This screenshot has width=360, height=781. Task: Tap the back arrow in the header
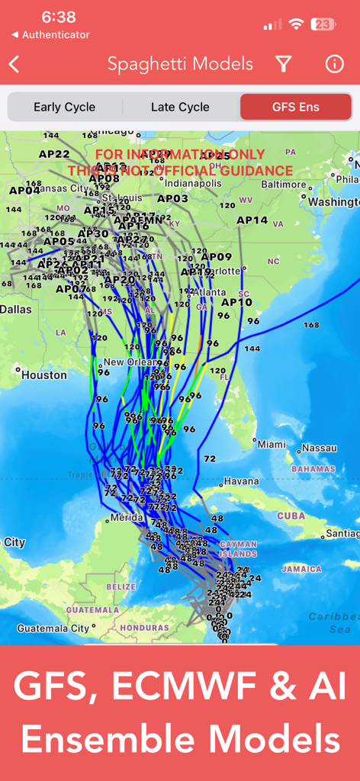coord(14,64)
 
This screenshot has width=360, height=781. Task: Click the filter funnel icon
coord(284,64)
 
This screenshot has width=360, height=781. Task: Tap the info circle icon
coord(334,64)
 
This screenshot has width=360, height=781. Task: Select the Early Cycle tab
coord(64,107)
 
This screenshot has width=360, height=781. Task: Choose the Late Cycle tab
coord(180,107)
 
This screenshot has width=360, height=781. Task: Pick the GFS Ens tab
coord(296,107)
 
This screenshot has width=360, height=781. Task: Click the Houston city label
coord(43,375)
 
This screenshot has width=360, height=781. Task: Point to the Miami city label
coord(272,444)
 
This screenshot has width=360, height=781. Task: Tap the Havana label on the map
coord(241,481)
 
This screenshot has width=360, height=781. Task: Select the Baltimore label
coord(283,184)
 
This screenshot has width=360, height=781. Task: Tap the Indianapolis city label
coord(193,183)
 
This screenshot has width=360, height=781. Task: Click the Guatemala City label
coord(53,628)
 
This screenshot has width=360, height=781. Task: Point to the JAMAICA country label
coord(301,569)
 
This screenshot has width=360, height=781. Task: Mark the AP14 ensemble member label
coord(252,220)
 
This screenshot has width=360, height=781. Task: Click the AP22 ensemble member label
coord(54,153)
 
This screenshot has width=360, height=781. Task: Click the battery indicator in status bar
coord(323,24)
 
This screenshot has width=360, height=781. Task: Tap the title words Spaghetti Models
coord(180,64)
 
